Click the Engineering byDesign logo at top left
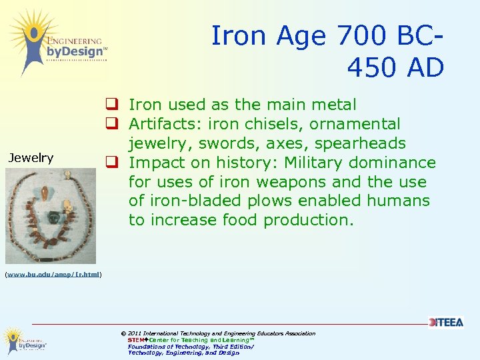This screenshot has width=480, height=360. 56,42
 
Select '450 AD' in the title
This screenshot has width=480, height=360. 395,67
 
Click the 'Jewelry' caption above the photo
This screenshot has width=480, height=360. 31,158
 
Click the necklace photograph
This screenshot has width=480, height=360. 51,215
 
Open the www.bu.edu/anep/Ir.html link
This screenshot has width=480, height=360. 53,274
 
